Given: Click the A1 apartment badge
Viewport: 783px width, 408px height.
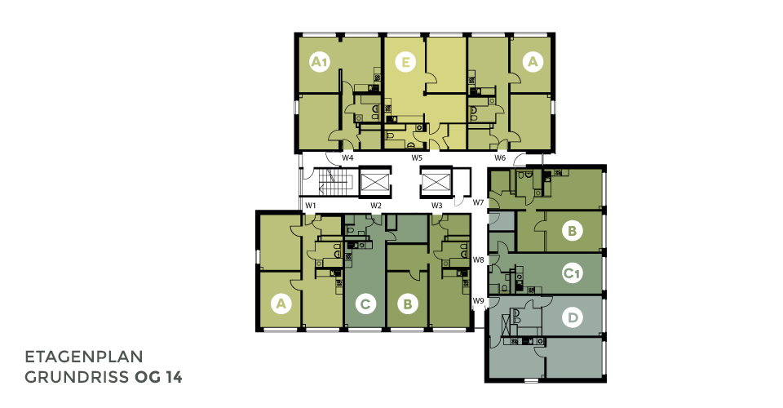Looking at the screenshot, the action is click(320, 62).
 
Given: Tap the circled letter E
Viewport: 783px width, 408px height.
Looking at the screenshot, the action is click(405, 62).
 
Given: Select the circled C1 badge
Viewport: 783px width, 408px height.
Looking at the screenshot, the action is click(573, 273).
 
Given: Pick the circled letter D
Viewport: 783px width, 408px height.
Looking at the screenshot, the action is click(573, 317).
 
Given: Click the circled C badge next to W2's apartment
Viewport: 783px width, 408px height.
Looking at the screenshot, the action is click(365, 304).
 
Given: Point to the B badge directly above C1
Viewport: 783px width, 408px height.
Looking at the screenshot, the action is click(573, 231).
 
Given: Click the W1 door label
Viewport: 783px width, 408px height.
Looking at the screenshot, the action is click(311, 206).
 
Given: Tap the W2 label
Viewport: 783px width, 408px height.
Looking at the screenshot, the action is click(375, 206).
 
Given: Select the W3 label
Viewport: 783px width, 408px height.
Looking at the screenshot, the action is click(437, 206).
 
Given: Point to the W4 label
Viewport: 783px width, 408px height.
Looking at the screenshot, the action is click(347, 157).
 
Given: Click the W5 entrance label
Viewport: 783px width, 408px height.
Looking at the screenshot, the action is click(417, 157).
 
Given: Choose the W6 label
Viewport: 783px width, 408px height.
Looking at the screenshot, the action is click(500, 157).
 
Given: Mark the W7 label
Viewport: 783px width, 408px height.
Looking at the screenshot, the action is click(479, 202).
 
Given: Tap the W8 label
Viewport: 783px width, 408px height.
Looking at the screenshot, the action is click(479, 259).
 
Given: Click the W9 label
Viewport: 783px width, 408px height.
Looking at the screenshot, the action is click(479, 300).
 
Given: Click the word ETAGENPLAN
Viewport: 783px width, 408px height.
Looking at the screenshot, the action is click(84, 357).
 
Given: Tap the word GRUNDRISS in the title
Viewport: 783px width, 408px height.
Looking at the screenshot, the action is click(77, 378).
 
